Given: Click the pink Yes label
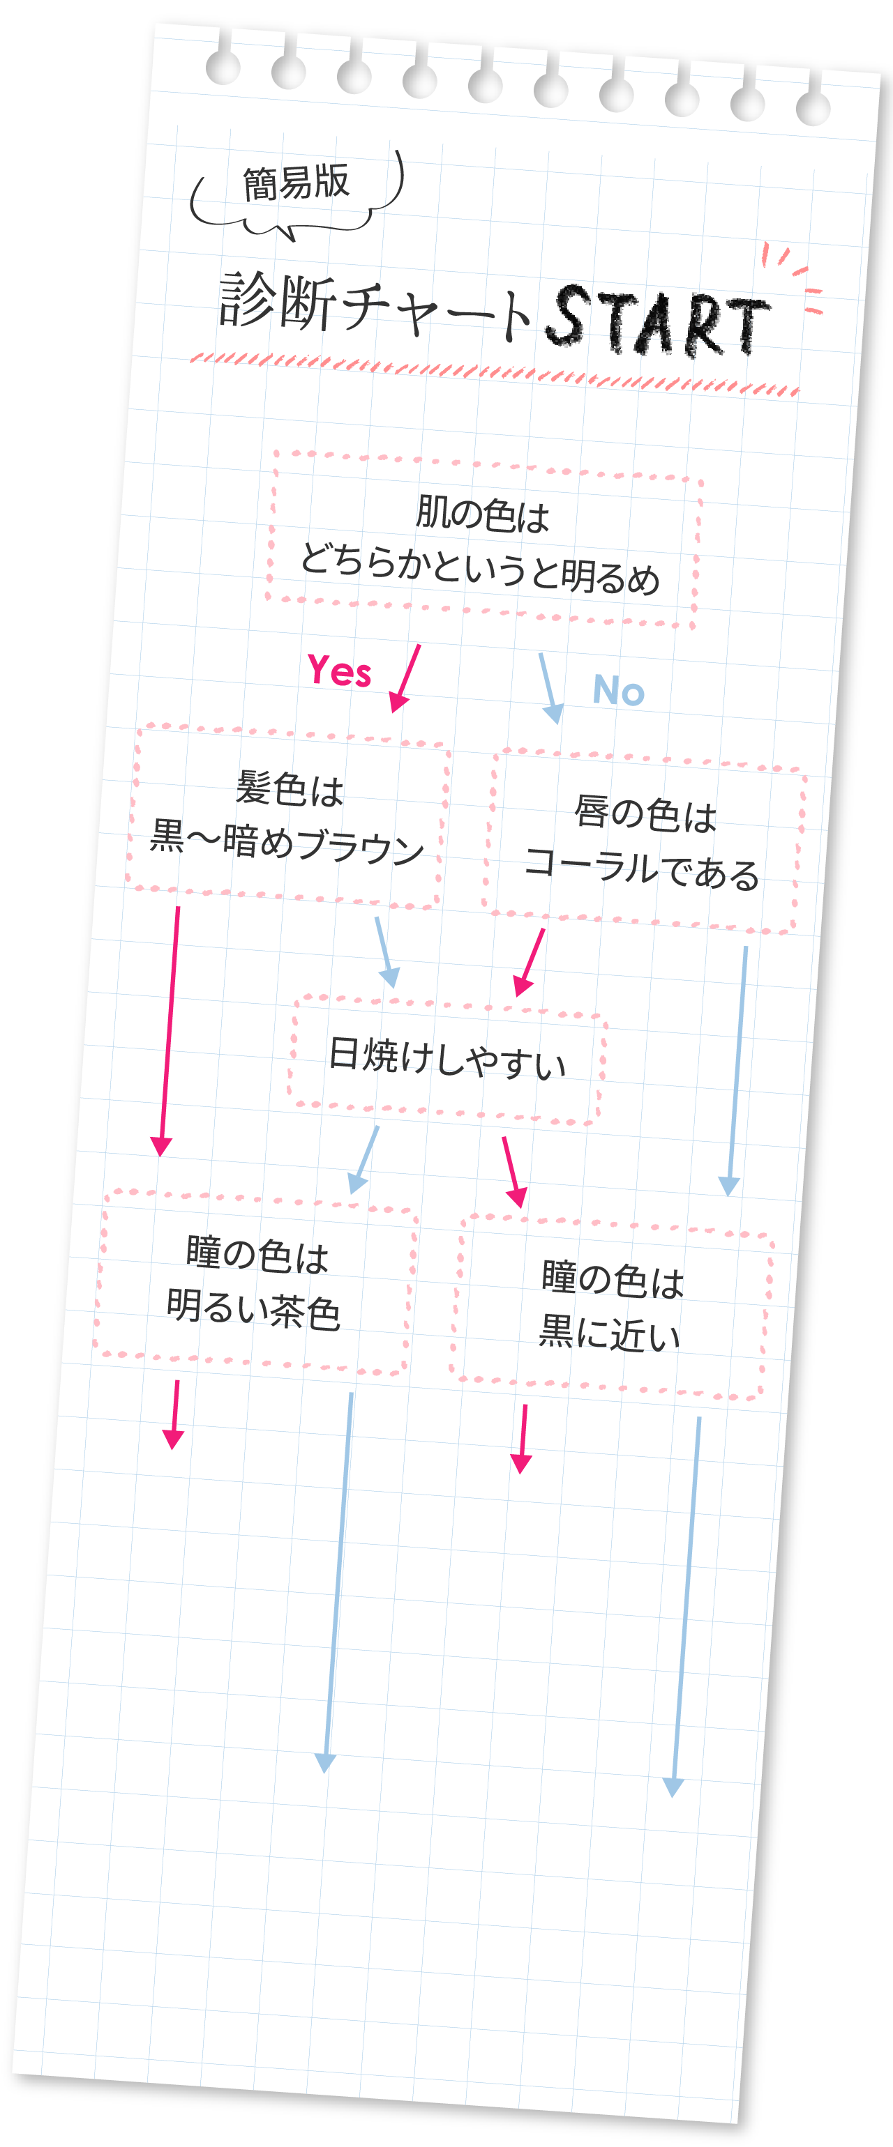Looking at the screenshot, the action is tap(339, 670).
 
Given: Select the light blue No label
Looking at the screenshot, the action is tap(619, 690).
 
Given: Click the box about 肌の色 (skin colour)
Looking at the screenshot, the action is tap(483, 540).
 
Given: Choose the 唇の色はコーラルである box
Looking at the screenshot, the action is tap(645, 842).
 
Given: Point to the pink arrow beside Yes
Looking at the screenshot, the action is tap(405, 678).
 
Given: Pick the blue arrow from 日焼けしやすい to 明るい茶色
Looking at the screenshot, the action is tap(364, 1159).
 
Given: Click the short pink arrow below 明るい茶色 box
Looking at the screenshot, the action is tap(174, 1414).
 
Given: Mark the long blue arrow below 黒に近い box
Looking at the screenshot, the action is tap(685, 1607).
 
